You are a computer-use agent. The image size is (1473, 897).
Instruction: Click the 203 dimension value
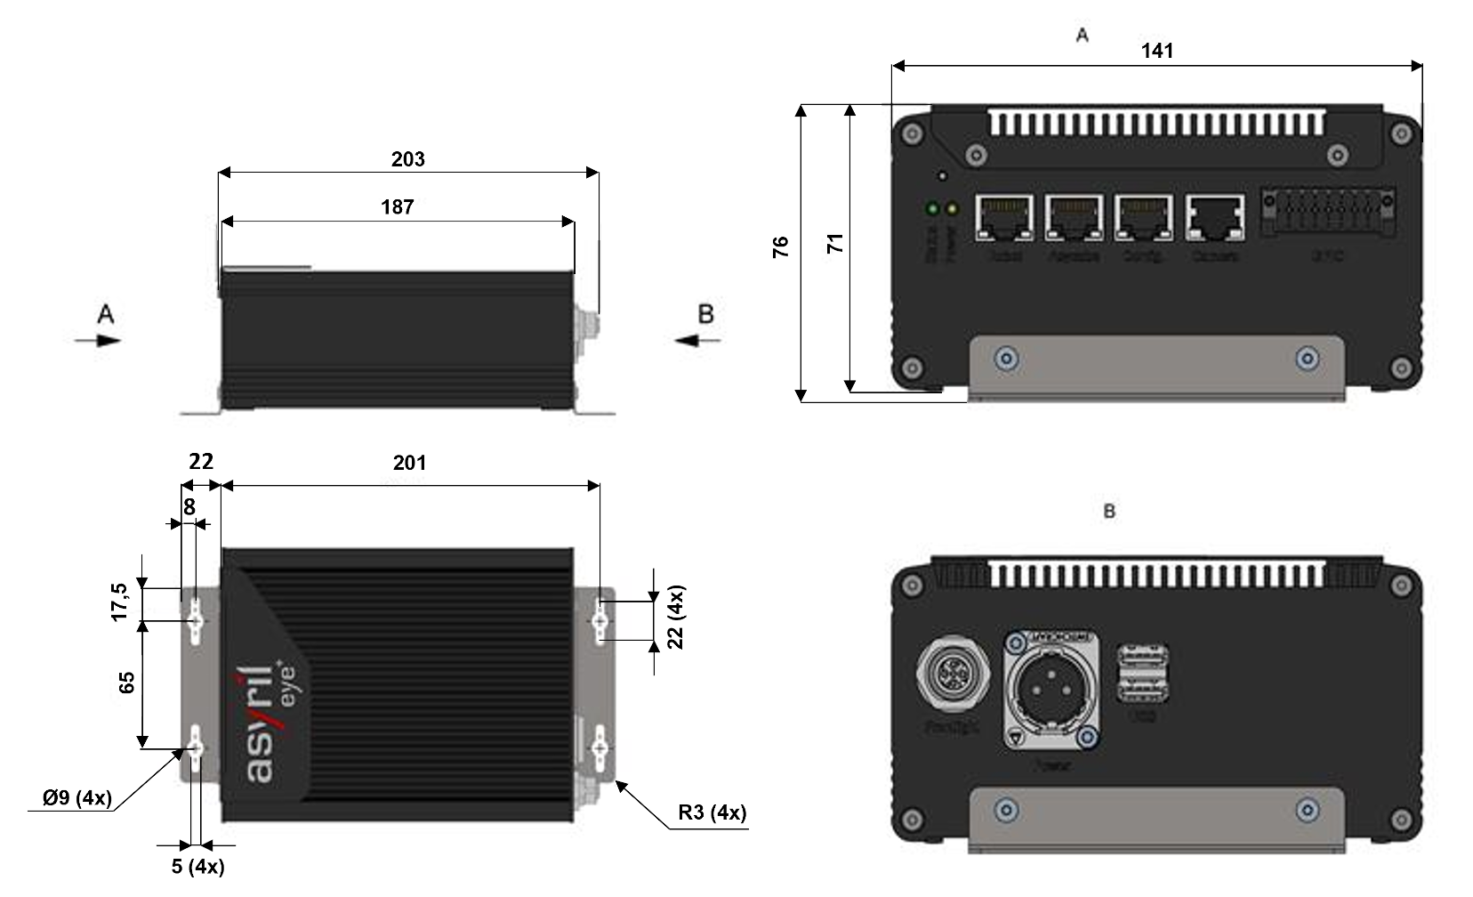[408, 159]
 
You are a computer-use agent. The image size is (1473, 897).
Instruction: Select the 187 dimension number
[398, 207]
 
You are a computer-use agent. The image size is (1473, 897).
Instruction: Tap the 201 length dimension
[410, 463]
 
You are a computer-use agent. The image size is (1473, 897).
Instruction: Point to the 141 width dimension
[1157, 51]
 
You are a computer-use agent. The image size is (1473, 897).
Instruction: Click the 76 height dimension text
[781, 246]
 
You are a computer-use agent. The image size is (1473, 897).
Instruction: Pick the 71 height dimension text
[835, 243]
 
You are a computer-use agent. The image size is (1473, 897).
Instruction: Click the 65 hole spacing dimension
[126, 683]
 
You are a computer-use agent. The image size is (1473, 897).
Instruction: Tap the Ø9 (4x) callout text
[77, 797]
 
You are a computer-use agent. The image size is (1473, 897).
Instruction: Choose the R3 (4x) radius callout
[712, 812]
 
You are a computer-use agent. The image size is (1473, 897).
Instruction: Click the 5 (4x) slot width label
[197, 866]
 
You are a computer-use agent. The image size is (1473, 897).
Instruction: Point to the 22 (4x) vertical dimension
[676, 617]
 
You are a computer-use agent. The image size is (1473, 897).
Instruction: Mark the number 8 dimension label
[189, 507]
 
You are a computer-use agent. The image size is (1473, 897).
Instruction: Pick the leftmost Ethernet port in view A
[1003, 218]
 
